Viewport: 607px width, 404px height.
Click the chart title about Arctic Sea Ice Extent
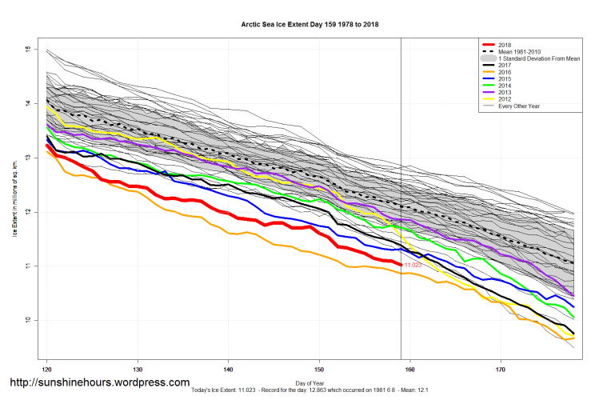tap(309, 25)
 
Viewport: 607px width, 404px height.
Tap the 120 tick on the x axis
tap(47, 370)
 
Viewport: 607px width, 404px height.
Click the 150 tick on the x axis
tap(320, 370)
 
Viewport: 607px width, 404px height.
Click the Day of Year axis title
tap(309, 383)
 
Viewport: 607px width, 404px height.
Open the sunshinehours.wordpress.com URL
tap(100, 382)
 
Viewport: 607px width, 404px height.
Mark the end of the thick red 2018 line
tap(400, 264)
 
